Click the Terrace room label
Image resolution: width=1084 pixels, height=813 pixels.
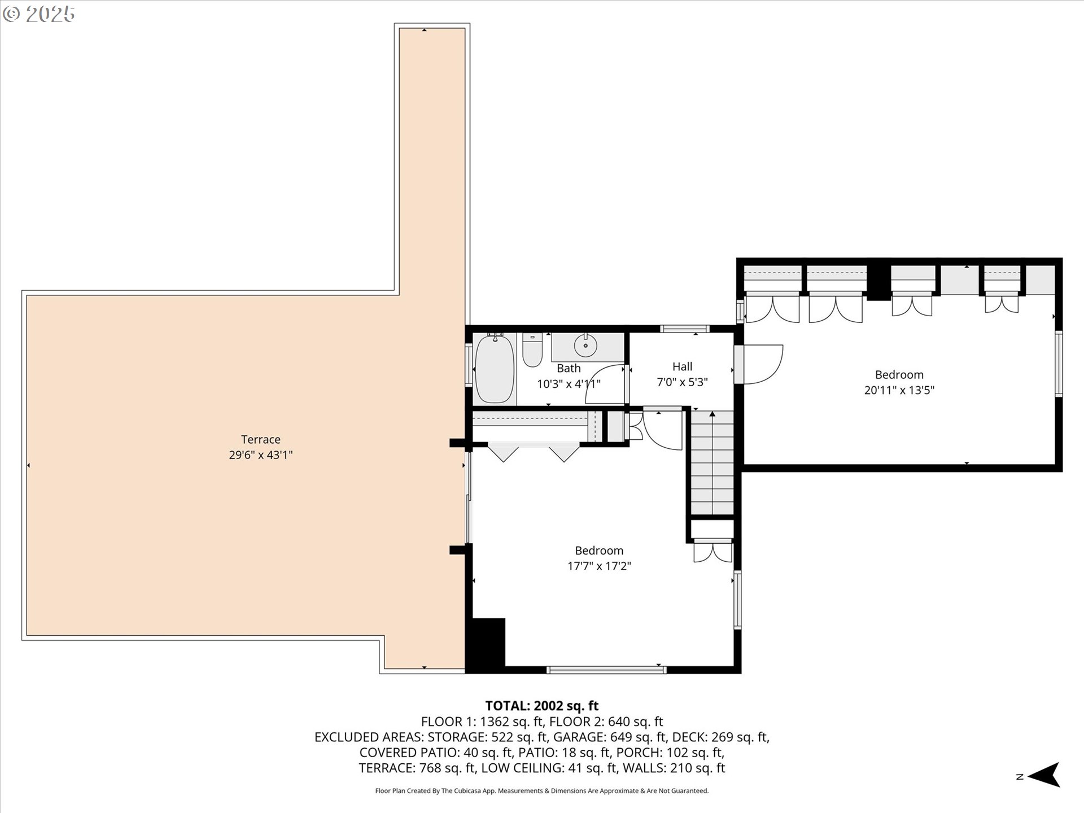(x=260, y=439)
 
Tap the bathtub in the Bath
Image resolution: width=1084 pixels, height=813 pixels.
(x=495, y=368)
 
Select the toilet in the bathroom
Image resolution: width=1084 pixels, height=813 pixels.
(x=532, y=350)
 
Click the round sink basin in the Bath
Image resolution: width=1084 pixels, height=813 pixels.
(x=585, y=346)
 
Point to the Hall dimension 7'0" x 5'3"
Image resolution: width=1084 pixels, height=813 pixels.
(x=682, y=382)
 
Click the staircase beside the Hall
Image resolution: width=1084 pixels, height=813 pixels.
(x=713, y=463)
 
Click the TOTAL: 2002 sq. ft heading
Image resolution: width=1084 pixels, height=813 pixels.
(x=541, y=706)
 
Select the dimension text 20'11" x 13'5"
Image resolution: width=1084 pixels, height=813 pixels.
(x=899, y=390)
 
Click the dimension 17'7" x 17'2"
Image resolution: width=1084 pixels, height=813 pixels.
(x=599, y=566)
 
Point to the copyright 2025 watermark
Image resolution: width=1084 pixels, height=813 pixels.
(x=39, y=14)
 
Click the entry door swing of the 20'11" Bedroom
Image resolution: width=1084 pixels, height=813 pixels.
(x=762, y=364)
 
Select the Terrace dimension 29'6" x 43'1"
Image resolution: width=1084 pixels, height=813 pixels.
(x=260, y=455)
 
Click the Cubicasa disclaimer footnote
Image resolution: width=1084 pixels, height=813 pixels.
(x=541, y=791)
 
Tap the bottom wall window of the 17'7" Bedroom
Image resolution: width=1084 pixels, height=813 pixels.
(x=606, y=670)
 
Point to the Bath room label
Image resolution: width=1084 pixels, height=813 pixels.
(x=569, y=368)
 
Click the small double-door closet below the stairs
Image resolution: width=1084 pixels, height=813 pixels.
(x=713, y=550)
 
